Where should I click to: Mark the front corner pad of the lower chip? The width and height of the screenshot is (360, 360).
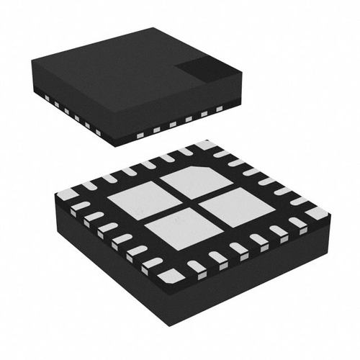[x=171, y=275]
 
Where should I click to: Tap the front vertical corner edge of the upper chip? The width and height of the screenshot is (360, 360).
[x=116, y=133]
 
